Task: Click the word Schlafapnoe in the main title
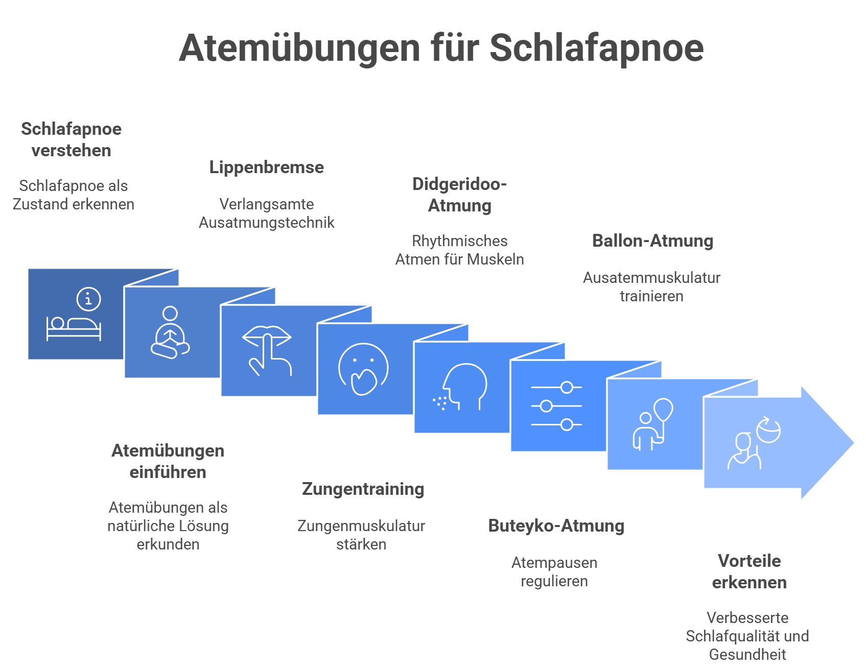coord(597,47)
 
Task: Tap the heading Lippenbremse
coord(266,168)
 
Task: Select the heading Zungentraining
coord(363,489)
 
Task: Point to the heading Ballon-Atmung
coord(652,241)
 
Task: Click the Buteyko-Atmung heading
coord(556,525)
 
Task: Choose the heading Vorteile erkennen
coord(749,571)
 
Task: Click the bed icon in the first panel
coord(74,328)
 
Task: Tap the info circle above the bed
coord(89,299)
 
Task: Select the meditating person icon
coord(170,332)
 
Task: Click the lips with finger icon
coord(267,350)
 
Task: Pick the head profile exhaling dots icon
coord(460,387)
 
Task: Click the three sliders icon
coord(556,406)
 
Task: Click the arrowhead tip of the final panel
coord(853,443)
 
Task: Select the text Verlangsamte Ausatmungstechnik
coord(266,213)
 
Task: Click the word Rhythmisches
coord(459,241)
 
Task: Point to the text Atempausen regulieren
coord(554,571)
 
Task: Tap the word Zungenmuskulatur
coord(361,525)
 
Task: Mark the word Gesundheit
coord(747,654)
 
